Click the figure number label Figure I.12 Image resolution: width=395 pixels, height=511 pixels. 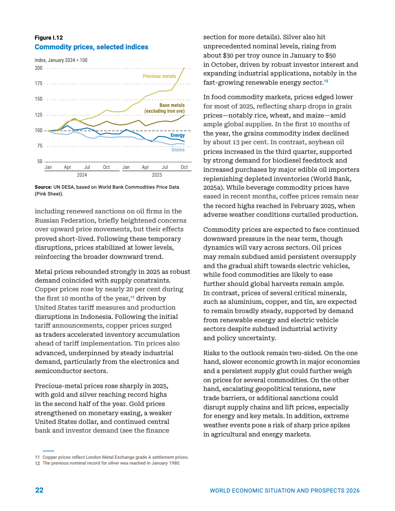point(48,37)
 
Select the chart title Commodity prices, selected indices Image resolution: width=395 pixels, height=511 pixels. point(91,47)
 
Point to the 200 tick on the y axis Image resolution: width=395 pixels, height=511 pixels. point(38,68)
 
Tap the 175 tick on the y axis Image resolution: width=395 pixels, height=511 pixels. point(38,84)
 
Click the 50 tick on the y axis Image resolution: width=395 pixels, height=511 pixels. point(40,162)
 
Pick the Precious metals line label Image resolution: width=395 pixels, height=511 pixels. point(159,76)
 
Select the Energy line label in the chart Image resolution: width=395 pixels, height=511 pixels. point(178,135)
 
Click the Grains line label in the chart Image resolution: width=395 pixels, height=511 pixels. point(178,150)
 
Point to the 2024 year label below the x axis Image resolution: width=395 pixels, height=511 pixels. point(82,175)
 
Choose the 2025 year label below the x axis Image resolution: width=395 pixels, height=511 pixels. point(157,175)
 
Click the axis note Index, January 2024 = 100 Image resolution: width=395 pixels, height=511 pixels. point(61,60)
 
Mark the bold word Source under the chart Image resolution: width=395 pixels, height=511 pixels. point(43,187)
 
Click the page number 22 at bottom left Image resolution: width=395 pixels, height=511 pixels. point(39,490)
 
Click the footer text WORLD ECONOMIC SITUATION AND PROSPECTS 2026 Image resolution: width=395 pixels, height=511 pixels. point(284,491)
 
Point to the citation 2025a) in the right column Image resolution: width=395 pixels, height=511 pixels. point(215,187)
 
